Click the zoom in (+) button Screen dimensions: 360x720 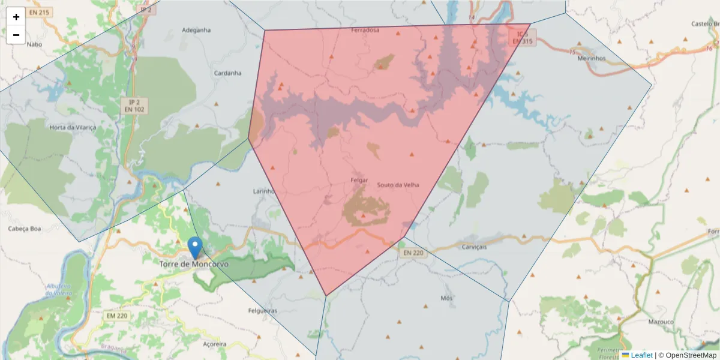(16, 17)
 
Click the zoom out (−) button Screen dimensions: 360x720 (16, 35)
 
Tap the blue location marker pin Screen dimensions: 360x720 (194, 247)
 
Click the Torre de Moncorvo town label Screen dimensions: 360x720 (194, 264)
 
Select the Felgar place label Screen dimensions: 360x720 (359, 179)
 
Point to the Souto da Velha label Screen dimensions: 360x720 (398, 185)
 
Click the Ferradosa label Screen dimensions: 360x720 (365, 30)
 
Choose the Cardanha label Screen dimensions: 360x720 (227, 73)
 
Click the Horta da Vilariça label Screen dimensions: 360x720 (73, 128)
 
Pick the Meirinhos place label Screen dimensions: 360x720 (591, 58)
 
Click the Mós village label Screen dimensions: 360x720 (446, 298)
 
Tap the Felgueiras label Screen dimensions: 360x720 (263, 311)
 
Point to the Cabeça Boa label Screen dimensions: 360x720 (24, 229)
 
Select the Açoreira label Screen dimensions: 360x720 (214, 344)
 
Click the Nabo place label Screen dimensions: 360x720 (35, 44)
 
